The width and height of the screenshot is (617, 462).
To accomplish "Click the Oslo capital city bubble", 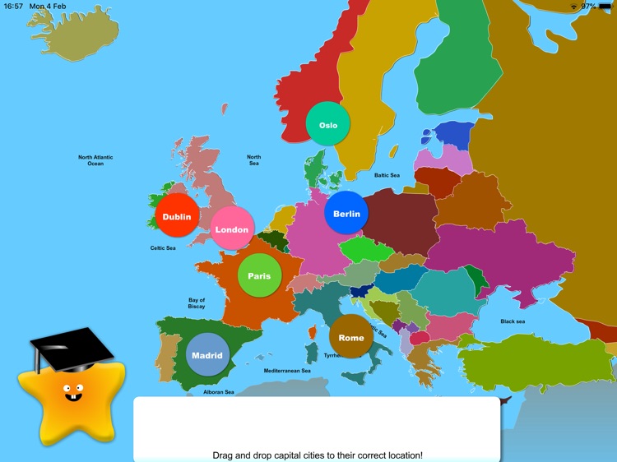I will click(x=328, y=124).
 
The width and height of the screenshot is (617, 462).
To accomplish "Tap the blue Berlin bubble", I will click(x=346, y=213).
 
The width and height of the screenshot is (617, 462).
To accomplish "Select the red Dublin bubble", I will click(x=177, y=216).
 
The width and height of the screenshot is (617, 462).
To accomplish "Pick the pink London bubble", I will click(x=232, y=229).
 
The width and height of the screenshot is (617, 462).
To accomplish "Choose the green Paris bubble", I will click(x=259, y=275).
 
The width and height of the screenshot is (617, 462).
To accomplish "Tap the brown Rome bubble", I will click(x=351, y=336).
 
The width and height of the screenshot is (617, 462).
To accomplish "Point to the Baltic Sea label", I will click(x=387, y=175).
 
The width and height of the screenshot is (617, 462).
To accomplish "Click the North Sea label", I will click(x=254, y=160).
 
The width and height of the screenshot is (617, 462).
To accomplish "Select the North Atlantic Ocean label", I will click(x=95, y=160).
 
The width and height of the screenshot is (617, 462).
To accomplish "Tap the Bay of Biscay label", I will click(x=197, y=303).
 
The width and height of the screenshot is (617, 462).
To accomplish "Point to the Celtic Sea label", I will click(x=162, y=247).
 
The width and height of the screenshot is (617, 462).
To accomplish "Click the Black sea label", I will click(x=513, y=321).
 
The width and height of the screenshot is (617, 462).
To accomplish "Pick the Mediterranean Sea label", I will click(x=287, y=371).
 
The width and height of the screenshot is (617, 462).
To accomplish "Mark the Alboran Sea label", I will click(x=219, y=392).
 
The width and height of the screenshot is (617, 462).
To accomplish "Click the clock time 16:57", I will click(x=14, y=6).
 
